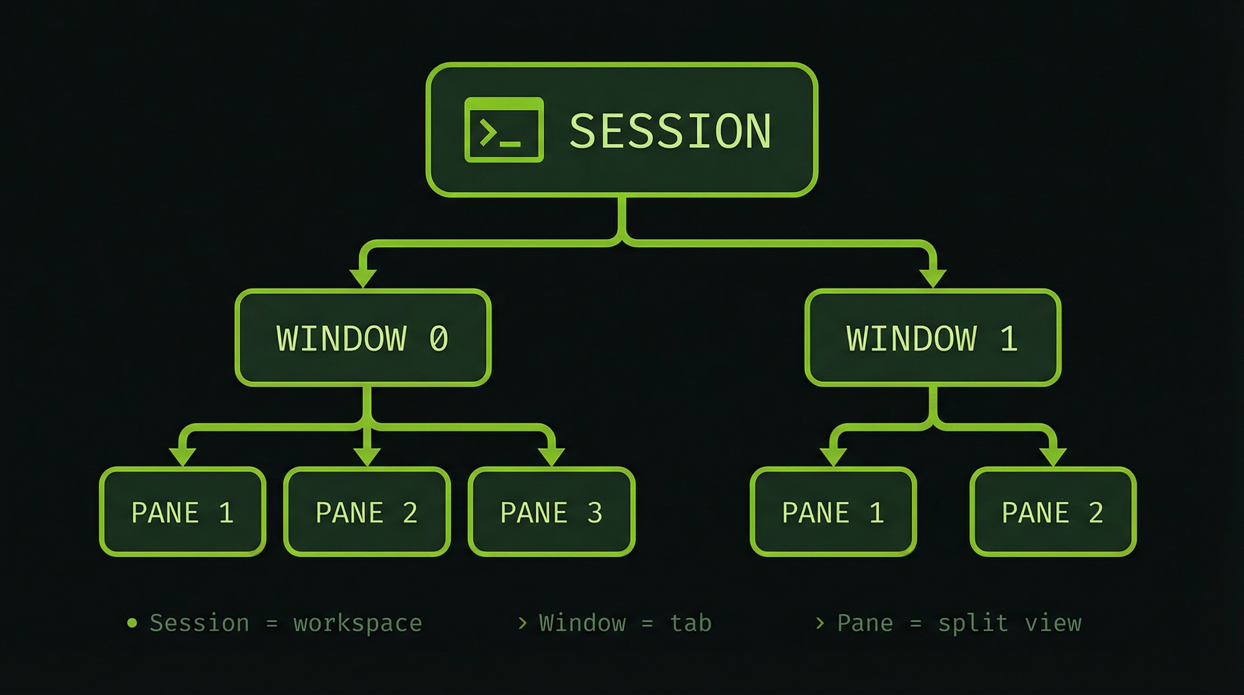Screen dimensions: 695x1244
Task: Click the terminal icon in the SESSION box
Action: pos(504,129)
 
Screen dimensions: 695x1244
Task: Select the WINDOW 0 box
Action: pos(363,338)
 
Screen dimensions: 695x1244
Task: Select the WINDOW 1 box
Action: pos(932,338)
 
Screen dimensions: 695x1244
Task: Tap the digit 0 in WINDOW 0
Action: pos(438,338)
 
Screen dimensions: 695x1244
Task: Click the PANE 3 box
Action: pos(551,512)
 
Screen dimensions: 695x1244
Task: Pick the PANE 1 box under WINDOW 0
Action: pos(183,512)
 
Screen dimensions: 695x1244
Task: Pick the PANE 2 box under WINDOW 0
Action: pos(367,512)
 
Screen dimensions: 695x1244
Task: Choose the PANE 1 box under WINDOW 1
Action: pos(833,512)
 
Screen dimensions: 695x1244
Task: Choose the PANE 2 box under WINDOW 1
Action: pos(1053,512)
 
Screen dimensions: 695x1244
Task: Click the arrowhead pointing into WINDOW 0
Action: pos(363,278)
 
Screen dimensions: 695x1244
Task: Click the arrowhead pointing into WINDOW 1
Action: pos(933,278)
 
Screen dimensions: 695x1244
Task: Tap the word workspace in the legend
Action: pos(358,624)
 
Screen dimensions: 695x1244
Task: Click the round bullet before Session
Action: pos(132,623)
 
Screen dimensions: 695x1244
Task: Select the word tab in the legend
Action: pos(691,623)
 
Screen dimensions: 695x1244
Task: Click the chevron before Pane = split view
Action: pos(820,623)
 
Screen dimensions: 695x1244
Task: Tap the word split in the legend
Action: pos(973,623)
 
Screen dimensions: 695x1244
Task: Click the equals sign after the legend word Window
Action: pos(648,624)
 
